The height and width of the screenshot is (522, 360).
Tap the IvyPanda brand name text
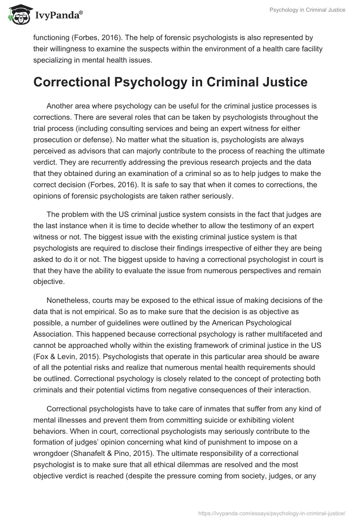[x=58, y=16]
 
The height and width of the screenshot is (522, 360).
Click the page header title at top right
[x=307, y=10]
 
